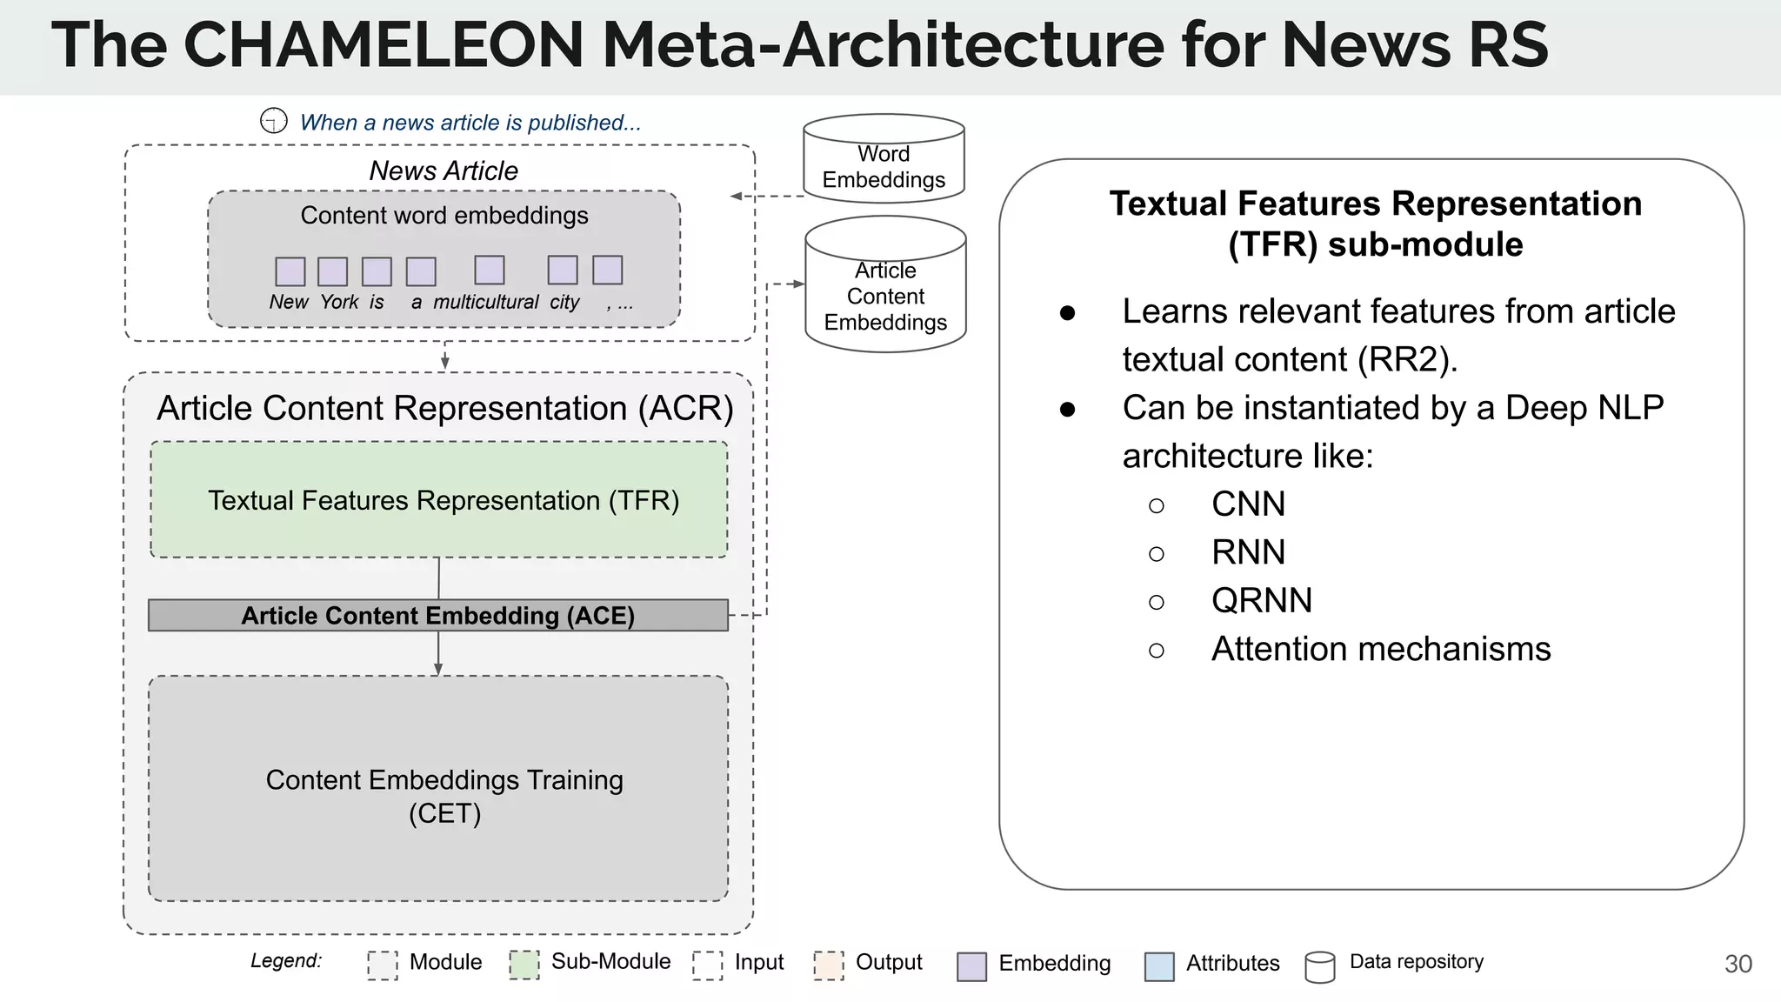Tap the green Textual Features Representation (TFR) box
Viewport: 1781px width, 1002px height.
(439, 500)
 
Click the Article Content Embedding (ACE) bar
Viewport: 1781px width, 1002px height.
(438, 616)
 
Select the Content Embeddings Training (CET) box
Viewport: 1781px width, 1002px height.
(439, 789)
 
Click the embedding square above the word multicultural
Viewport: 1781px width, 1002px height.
(490, 271)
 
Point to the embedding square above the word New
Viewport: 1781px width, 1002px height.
(290, 271)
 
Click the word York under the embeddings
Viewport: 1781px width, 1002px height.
(339, 302)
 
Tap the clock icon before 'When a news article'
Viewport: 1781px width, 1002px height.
(274, 121)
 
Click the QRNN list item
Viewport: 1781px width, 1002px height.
(1261, 601)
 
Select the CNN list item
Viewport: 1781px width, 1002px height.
(1248, 504)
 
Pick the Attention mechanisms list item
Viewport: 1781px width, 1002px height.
(1380, 649)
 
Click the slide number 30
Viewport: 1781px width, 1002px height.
(1738, 964)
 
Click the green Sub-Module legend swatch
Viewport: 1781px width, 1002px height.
(524, 965)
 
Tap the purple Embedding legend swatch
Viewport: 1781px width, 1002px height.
(971, 966)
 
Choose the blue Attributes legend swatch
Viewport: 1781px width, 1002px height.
(1159, 966)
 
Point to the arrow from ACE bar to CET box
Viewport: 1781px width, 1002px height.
(438, 654)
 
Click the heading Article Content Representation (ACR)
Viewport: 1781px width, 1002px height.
(445, 408)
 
